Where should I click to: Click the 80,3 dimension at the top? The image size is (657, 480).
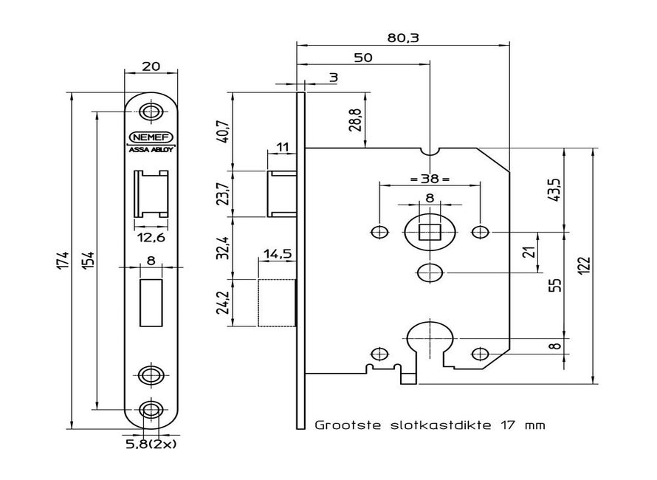click(402, 37)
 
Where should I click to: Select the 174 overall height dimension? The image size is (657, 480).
click(64, 261)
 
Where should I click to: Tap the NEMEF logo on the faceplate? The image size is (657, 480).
click(151, 136)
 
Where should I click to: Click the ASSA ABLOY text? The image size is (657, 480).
click(151, 147)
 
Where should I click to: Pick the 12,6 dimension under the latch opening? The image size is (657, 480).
click(151, 237)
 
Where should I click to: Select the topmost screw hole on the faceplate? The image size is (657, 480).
click(151, 112)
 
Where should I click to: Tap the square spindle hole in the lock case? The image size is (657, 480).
click(429, 232)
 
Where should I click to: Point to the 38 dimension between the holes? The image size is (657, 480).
click(429, 179)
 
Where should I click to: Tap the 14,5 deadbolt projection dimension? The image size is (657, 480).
click(276, 253)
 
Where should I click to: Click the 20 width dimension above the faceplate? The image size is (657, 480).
click(151, 65)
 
